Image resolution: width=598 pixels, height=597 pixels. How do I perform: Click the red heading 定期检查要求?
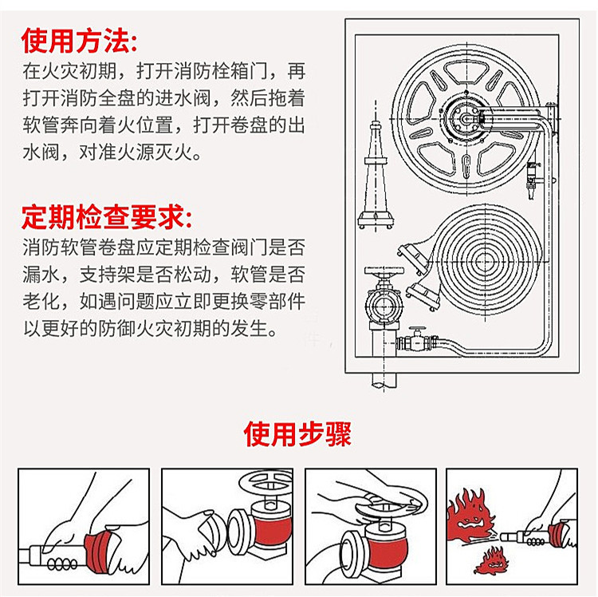pyautogui.click(x=106, y=216)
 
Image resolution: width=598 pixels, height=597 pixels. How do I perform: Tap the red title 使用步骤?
pyautogui.click(x=297, y=434)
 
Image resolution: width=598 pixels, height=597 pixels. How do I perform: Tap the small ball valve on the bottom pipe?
pyautogui.click(x=416, y=341)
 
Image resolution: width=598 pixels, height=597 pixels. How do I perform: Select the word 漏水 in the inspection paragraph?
pyautogui.click(x=38, y=275)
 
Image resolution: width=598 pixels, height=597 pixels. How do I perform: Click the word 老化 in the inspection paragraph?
pyautogui.click(x=38, y=302)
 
